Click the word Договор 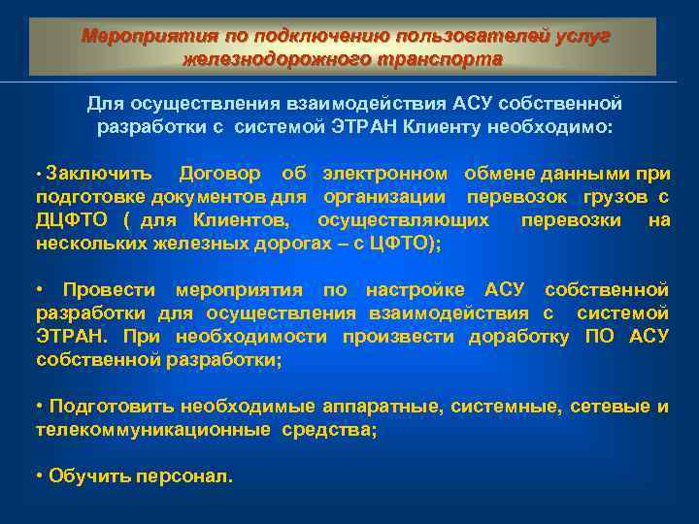coord(219,174)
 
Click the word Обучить coord(84,476)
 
